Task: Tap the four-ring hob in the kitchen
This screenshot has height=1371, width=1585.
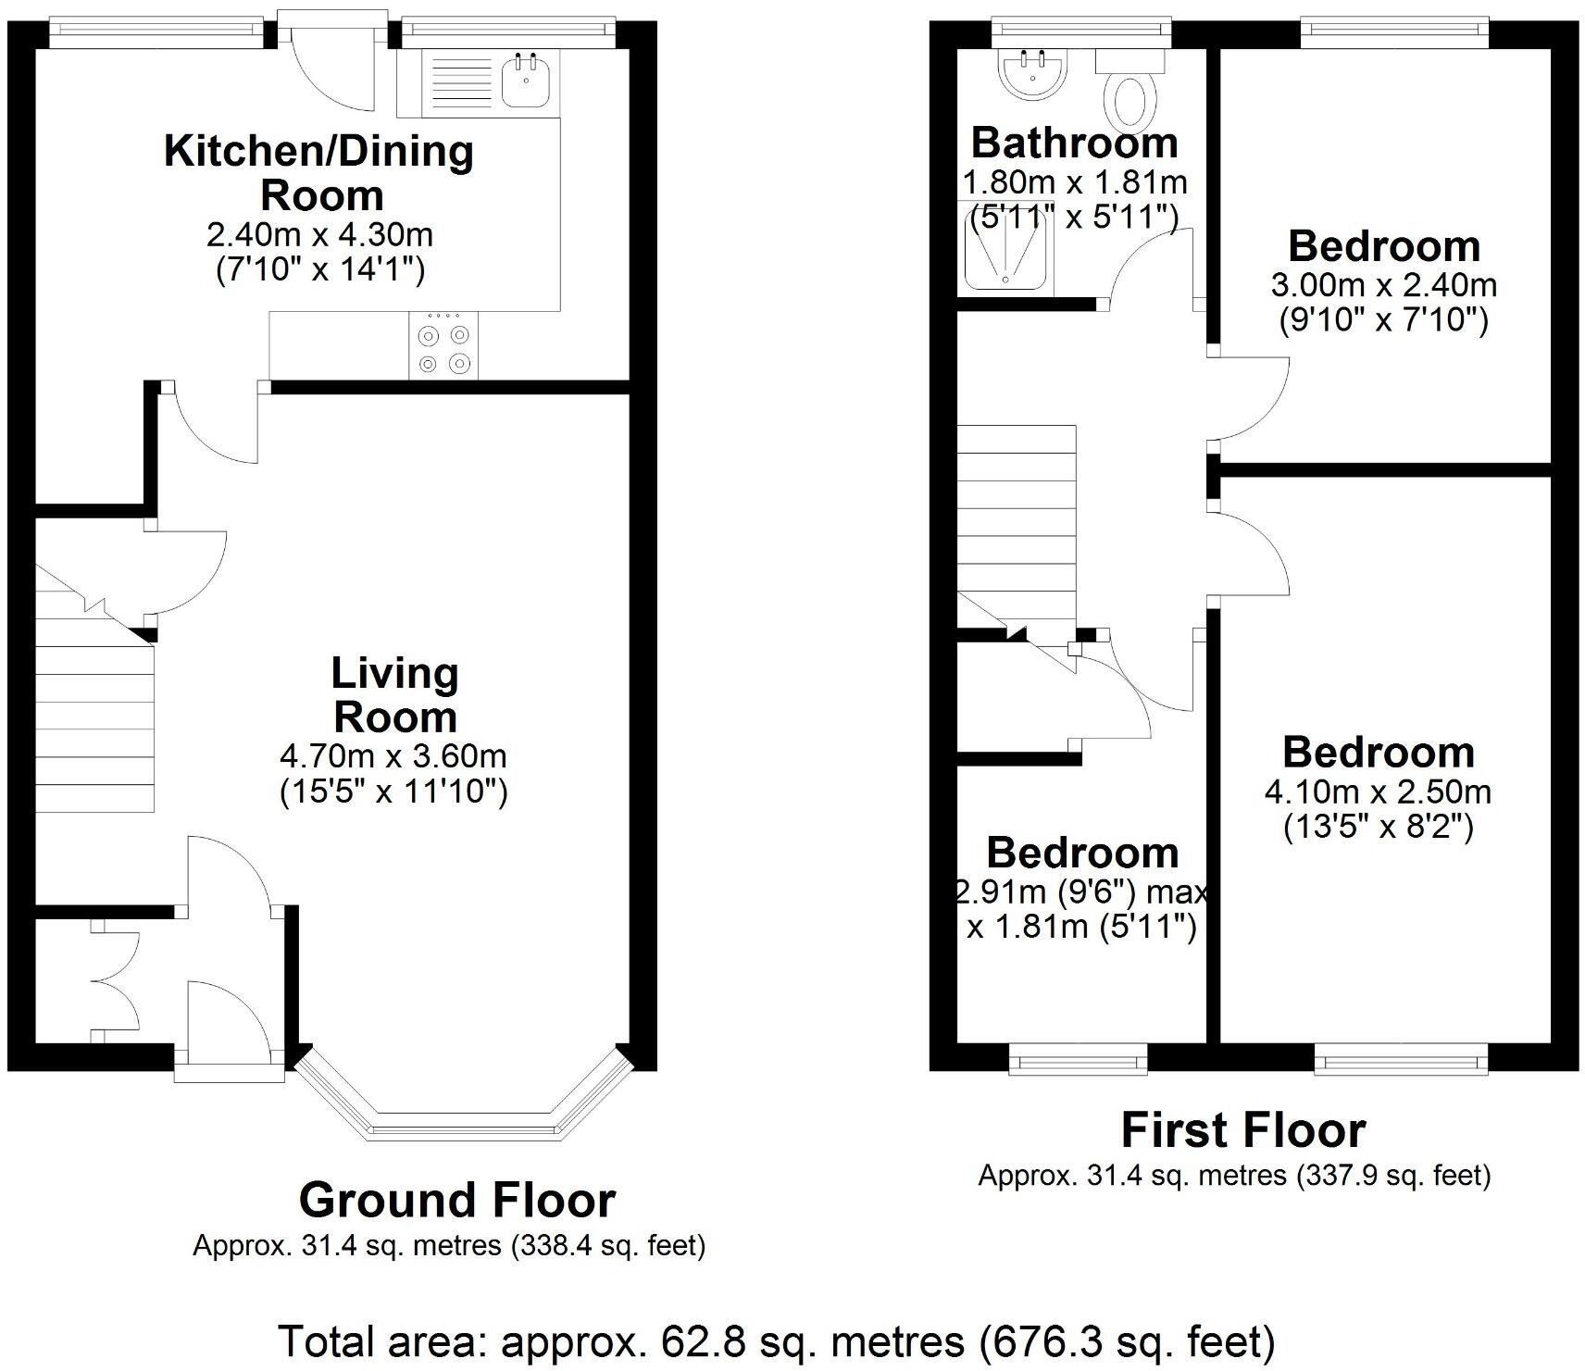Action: click(x=444, y=346)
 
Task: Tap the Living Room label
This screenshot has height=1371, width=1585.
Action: click(x=394, y=695)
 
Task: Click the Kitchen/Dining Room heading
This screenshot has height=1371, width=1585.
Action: click(x=319, y=173)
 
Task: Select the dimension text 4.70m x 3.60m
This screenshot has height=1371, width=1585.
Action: click(x=393, y=756)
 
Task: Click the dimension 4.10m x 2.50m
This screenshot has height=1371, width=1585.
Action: click(x=1378, y=792)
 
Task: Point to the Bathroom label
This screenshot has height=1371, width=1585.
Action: click(x=1074, y=143)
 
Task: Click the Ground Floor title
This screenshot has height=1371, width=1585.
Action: click(x=456, y=1201)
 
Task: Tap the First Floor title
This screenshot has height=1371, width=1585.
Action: click(x=1242, y=1130)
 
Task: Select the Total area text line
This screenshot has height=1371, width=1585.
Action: click(x=777, y=1340)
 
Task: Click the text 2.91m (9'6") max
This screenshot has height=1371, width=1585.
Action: click(x=1081, y=892)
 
